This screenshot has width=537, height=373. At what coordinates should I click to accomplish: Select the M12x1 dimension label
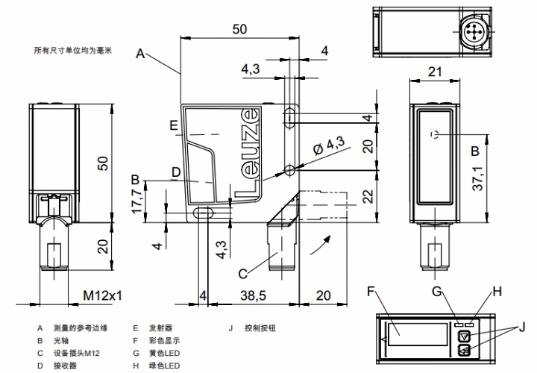pyautogui.click(x=102, y=295)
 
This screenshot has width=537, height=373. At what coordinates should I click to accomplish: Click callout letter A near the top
pyautogui.click(x=139, y=53)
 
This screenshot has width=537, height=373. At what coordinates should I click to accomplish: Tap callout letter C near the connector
pyautogui.click(x=243, y=273)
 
